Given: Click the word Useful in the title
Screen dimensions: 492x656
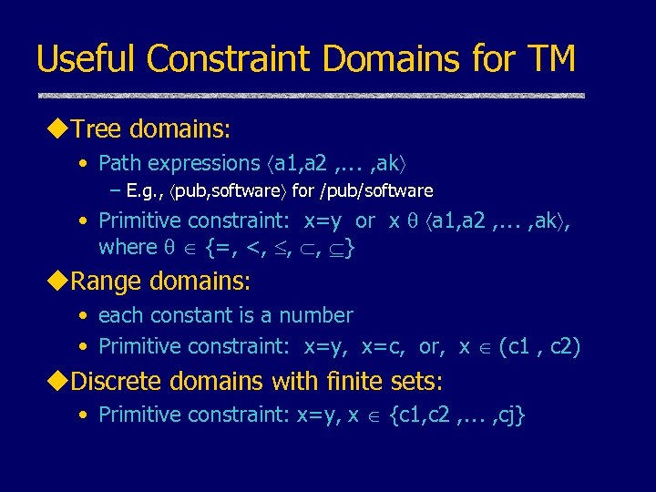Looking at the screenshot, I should [x=86, y=60].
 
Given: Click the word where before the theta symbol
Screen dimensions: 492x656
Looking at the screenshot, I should [x=128, y=247].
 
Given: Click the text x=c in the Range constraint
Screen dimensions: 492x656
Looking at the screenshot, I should [x=386, y=347].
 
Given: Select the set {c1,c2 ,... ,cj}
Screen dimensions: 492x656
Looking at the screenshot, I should [x=457, y=415].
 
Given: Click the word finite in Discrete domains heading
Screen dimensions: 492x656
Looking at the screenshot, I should [x=337, y=381].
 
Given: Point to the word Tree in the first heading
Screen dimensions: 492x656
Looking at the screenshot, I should [x=97, y=129].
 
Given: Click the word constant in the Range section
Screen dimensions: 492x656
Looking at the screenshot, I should [x=180, y=316].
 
